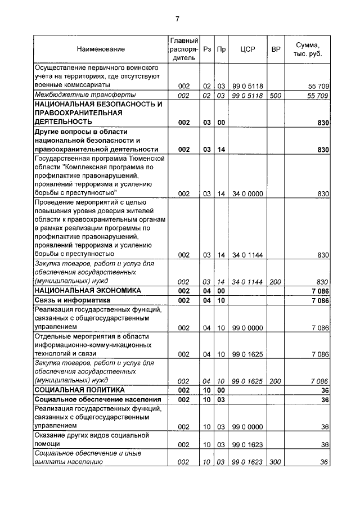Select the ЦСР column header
coord(247,49)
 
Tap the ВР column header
coord(276,49)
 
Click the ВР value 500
coord(276,96)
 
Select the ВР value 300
coord(276,462)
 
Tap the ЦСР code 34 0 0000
coord(247,193)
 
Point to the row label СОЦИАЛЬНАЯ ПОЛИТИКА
coord(79,389)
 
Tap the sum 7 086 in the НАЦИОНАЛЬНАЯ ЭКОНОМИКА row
coord(318,291)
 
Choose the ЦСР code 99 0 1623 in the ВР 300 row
coord(247,462)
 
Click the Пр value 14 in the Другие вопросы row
coord(221,150)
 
